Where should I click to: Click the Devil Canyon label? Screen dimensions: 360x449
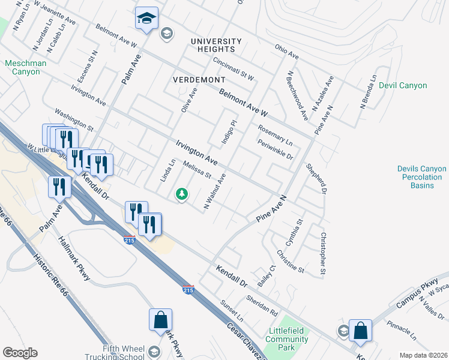pos(403,86)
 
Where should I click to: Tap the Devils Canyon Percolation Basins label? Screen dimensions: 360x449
pos(421,177)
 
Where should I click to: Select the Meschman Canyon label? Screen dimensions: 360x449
pos(22,67)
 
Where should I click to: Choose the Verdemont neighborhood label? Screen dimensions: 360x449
pos(199,79)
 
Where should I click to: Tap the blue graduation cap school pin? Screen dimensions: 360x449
pos(146,19)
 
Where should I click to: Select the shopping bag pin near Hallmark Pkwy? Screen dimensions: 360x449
pos(161,320)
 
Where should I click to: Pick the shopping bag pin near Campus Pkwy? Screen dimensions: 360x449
pos(360,331)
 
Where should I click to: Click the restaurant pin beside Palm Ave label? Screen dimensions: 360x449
pos(59,186)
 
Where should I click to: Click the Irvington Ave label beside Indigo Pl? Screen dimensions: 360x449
pos(196,152)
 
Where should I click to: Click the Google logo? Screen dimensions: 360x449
pos(20,353)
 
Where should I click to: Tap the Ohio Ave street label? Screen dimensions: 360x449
pos(286,52)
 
